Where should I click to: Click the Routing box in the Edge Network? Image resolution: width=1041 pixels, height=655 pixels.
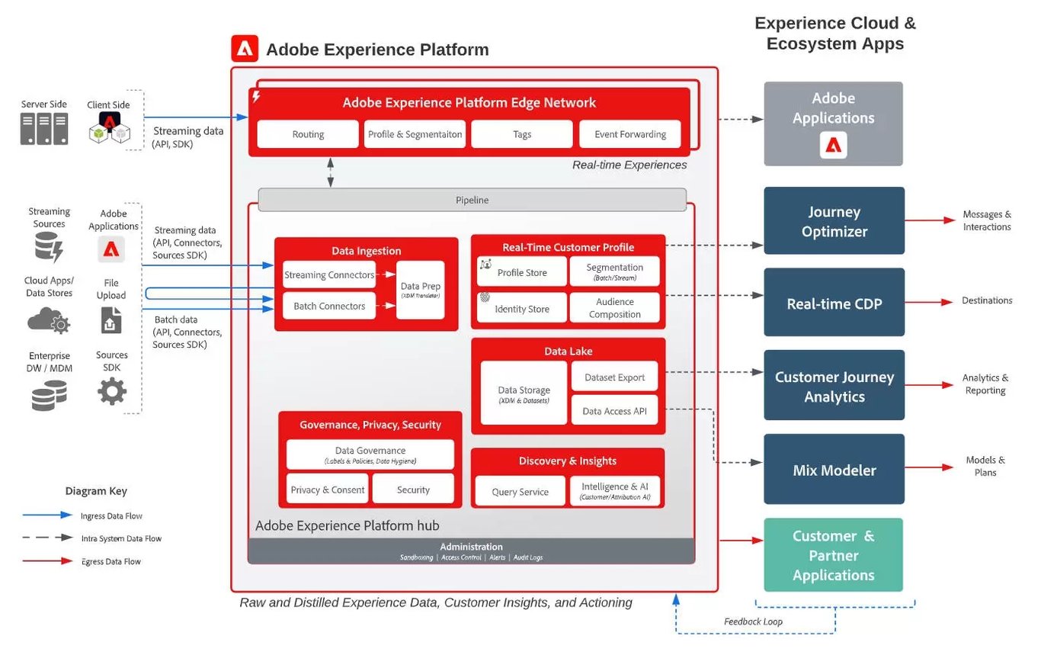pyautogui.click(x=308, y=134)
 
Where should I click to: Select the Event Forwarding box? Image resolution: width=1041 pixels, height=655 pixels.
pyautogui.click(x=630, y=134)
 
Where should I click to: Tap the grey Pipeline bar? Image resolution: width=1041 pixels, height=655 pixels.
pyautogui.click(x=472, y=200)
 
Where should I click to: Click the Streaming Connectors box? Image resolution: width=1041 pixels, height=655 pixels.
pyautogui.click(x=329, y=275)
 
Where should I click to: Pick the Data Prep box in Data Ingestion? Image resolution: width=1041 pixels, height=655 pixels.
pyautogui.click(x=421, y=290)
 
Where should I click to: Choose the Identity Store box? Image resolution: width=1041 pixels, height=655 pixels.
pyautogui.click(x=522, y=308)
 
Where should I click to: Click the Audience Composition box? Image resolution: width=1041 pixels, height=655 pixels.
pyautogui.click(x=615, y=308)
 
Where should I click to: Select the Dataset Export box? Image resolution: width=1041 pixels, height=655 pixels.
pyautogui.click(x=614, y=377)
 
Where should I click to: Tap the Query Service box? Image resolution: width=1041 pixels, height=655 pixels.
pyautogui.click(x=520, y=491)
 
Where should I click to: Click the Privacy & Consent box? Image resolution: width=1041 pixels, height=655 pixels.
pyautogui.click(x=328, y=490)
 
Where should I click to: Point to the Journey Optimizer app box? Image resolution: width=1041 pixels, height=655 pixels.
pyautogui.click(x=834, y=221)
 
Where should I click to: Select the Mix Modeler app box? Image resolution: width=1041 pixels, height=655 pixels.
pyautogui.click(x=834, y=470)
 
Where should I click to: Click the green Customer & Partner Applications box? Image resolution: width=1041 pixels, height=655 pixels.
pyautogui.click(x=833, y=555)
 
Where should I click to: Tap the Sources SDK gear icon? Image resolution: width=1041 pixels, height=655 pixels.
pyautogui.click(x=112, y=391)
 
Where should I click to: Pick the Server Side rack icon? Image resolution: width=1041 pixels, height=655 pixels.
pyautogui.click(x=43, y=129)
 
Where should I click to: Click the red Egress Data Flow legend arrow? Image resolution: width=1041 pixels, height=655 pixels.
pyautogui.click(x=47, y=561)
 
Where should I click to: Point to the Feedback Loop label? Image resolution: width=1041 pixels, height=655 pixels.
pyautogui.click(x=753, y=621)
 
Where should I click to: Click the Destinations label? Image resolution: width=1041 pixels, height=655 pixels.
pyautogui.click(x=987, y=300)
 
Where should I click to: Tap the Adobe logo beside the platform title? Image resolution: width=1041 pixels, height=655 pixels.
pyautogui.click(x=245, y=49)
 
